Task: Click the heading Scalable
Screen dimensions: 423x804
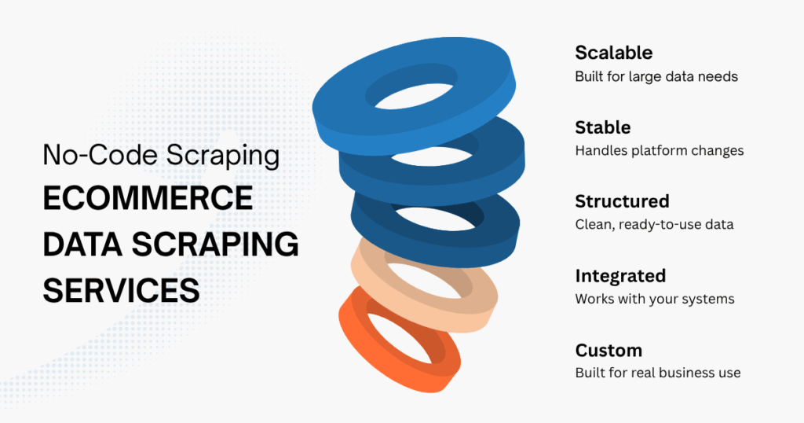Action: (613, 53)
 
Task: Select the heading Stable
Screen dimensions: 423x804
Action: (602, 127)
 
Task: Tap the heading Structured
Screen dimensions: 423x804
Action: (622, 201)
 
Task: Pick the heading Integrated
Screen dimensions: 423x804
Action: (620, 276)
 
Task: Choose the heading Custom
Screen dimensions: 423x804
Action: (608, 350)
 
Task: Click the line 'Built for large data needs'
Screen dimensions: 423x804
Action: (656, 77)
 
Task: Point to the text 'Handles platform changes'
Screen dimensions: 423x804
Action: (659, 150)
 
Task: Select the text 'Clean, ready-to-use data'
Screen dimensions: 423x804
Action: (654, 225)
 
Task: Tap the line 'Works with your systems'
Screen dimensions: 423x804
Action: (653, 299)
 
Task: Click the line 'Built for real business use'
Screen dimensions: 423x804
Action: (657, 373)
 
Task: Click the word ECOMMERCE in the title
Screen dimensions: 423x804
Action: (148, 199)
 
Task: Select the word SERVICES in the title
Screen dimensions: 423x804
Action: (121, 290)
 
